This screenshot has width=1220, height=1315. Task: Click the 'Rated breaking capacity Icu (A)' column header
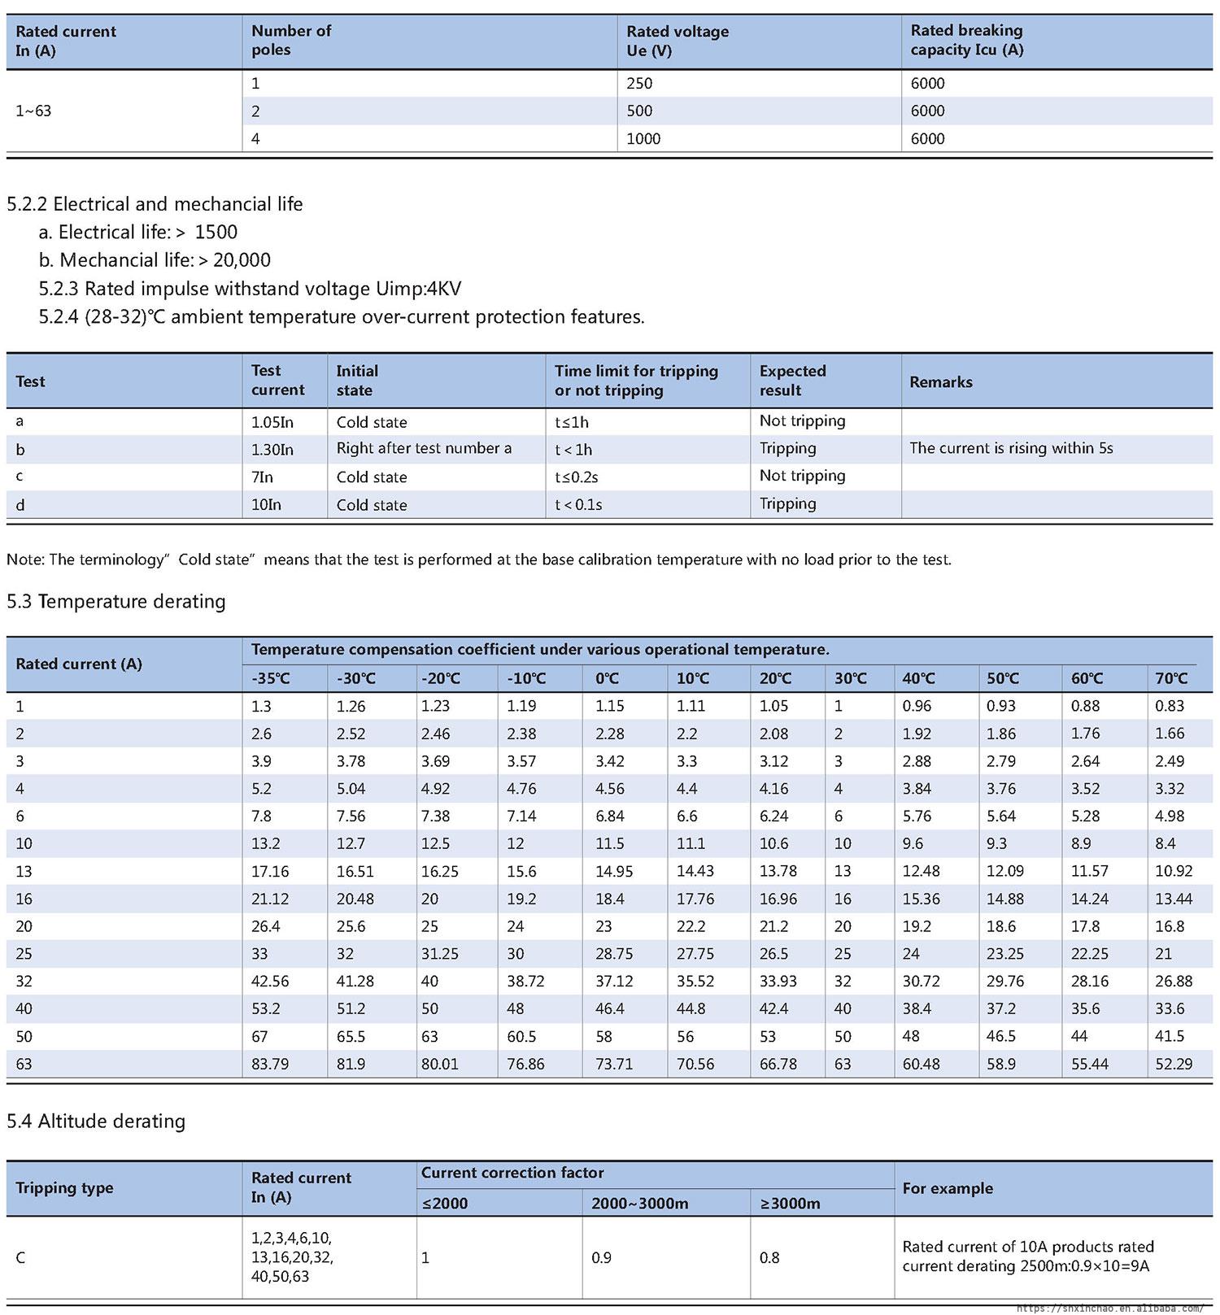[x=966, y=41]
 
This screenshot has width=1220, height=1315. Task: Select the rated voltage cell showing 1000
[x=643, y=139]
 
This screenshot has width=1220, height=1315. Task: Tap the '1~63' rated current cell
[x=33, y=111]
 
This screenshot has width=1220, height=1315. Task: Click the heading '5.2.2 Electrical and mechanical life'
[x=155, y=204]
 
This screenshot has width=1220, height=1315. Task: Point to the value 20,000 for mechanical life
[x=242, y=260]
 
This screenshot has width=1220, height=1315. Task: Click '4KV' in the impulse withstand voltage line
[x=443, y=289]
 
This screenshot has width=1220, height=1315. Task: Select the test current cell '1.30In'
[x=272, y=449]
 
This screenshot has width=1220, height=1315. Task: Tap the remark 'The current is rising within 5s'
[x=1011, y=449]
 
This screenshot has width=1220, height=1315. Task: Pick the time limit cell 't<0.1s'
[x=578, y=505]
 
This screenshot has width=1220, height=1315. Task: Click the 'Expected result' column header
[x=792, y=381]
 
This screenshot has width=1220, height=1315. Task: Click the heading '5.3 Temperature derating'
[x=116, y=602]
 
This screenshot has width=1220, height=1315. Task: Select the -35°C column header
[x=271, y=678]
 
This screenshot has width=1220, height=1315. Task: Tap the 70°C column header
[x=1171, y=678]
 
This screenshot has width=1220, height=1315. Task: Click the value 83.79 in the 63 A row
[x=270, y=1065]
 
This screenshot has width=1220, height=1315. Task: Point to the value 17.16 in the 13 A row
[x=270, y=872]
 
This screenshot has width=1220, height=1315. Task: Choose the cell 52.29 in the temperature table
[x=1174, y=1065]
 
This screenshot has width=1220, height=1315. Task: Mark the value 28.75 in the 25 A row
[x=614, y=954]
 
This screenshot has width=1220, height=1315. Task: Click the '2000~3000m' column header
[x=639, y=1204]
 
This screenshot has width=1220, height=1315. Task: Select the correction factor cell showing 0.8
[x=769, y=1258]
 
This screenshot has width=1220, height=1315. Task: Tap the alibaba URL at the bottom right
[x=1109, y=1308]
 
